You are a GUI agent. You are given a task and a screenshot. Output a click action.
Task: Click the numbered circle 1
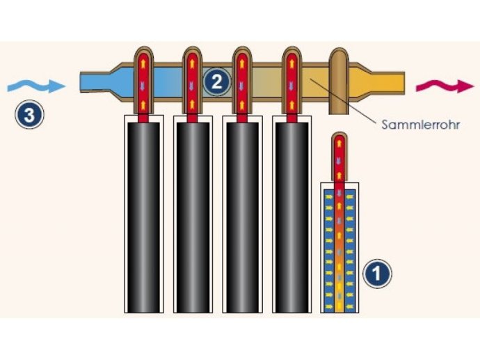(377, 274)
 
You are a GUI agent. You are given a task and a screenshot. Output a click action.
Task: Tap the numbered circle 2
(217, 81)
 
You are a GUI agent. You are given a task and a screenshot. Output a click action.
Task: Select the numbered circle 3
(29, 115)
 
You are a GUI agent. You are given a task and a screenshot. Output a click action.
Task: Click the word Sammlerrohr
(420, 125)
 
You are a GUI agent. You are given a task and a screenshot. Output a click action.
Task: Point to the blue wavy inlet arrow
(36, 85)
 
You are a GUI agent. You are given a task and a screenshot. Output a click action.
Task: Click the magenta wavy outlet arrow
(445, 86)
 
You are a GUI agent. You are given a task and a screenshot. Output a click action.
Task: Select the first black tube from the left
(143, 217)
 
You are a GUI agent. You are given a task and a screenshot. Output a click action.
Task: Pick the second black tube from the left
(193, 217)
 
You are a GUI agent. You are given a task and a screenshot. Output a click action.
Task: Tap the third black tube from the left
(242, 217)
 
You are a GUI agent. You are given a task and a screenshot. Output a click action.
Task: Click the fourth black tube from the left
(291, 217)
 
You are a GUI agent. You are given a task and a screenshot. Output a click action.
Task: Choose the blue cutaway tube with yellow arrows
(339, 251)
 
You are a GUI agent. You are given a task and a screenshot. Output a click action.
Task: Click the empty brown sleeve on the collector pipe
(339, 81)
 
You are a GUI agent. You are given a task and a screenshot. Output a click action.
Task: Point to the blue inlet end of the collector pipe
(95, 81)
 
